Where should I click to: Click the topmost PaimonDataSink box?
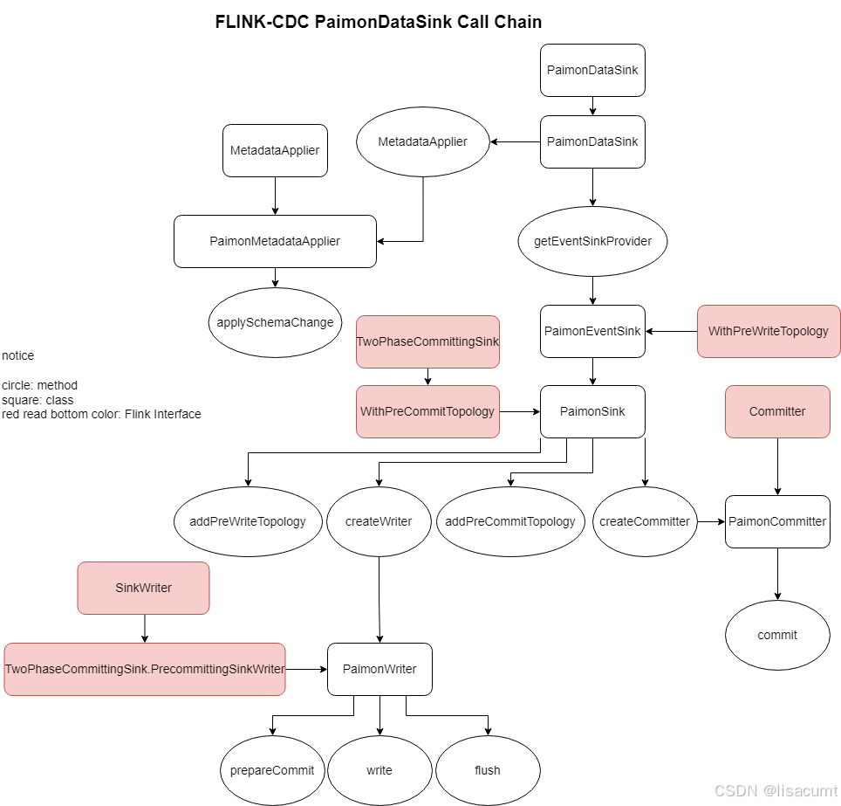pyautogui.click(x=592, y=70)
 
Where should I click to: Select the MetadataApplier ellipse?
pyautogui.click(x=422, y=141)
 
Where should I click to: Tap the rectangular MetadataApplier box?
pyautogui.click(x=275, y=150)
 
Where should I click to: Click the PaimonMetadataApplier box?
pyautogui.click(x=275, y=241)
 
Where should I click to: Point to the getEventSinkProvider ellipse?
pyautogui.click(x=592, y=241)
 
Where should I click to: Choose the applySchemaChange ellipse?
pyautogui.click(x=275, y=322)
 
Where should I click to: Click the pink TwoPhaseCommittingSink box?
pyautogui.click(x=427, y=341)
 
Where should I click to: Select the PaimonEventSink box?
pyautogui.click(x=592, y=331)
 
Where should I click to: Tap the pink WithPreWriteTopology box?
pyautogui.click(x=768, y=331)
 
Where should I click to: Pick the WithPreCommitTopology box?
pyautogui.click(x=427, y=411)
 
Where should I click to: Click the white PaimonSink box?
pyautogui.click(x=592, y=411)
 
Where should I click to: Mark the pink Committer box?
pyautogui.click(x=777, y=411)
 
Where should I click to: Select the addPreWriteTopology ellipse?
pyautogui.click(x=248, y=521)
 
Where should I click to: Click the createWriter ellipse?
pyautogui.click(x=379, y=521)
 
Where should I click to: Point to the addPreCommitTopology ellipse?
pyautogui.click(x=510, y=521)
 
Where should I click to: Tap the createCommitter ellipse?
pyautogui.click(x=645, y=521)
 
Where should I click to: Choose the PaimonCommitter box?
pyautogui.click(x=777, y=521)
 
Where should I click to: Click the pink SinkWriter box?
pyautogui.click(x=143, y=588)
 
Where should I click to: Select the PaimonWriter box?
pyautogui.click(x=379, y=669)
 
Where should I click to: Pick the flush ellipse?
pyautogui.click(x=488, y=770)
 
